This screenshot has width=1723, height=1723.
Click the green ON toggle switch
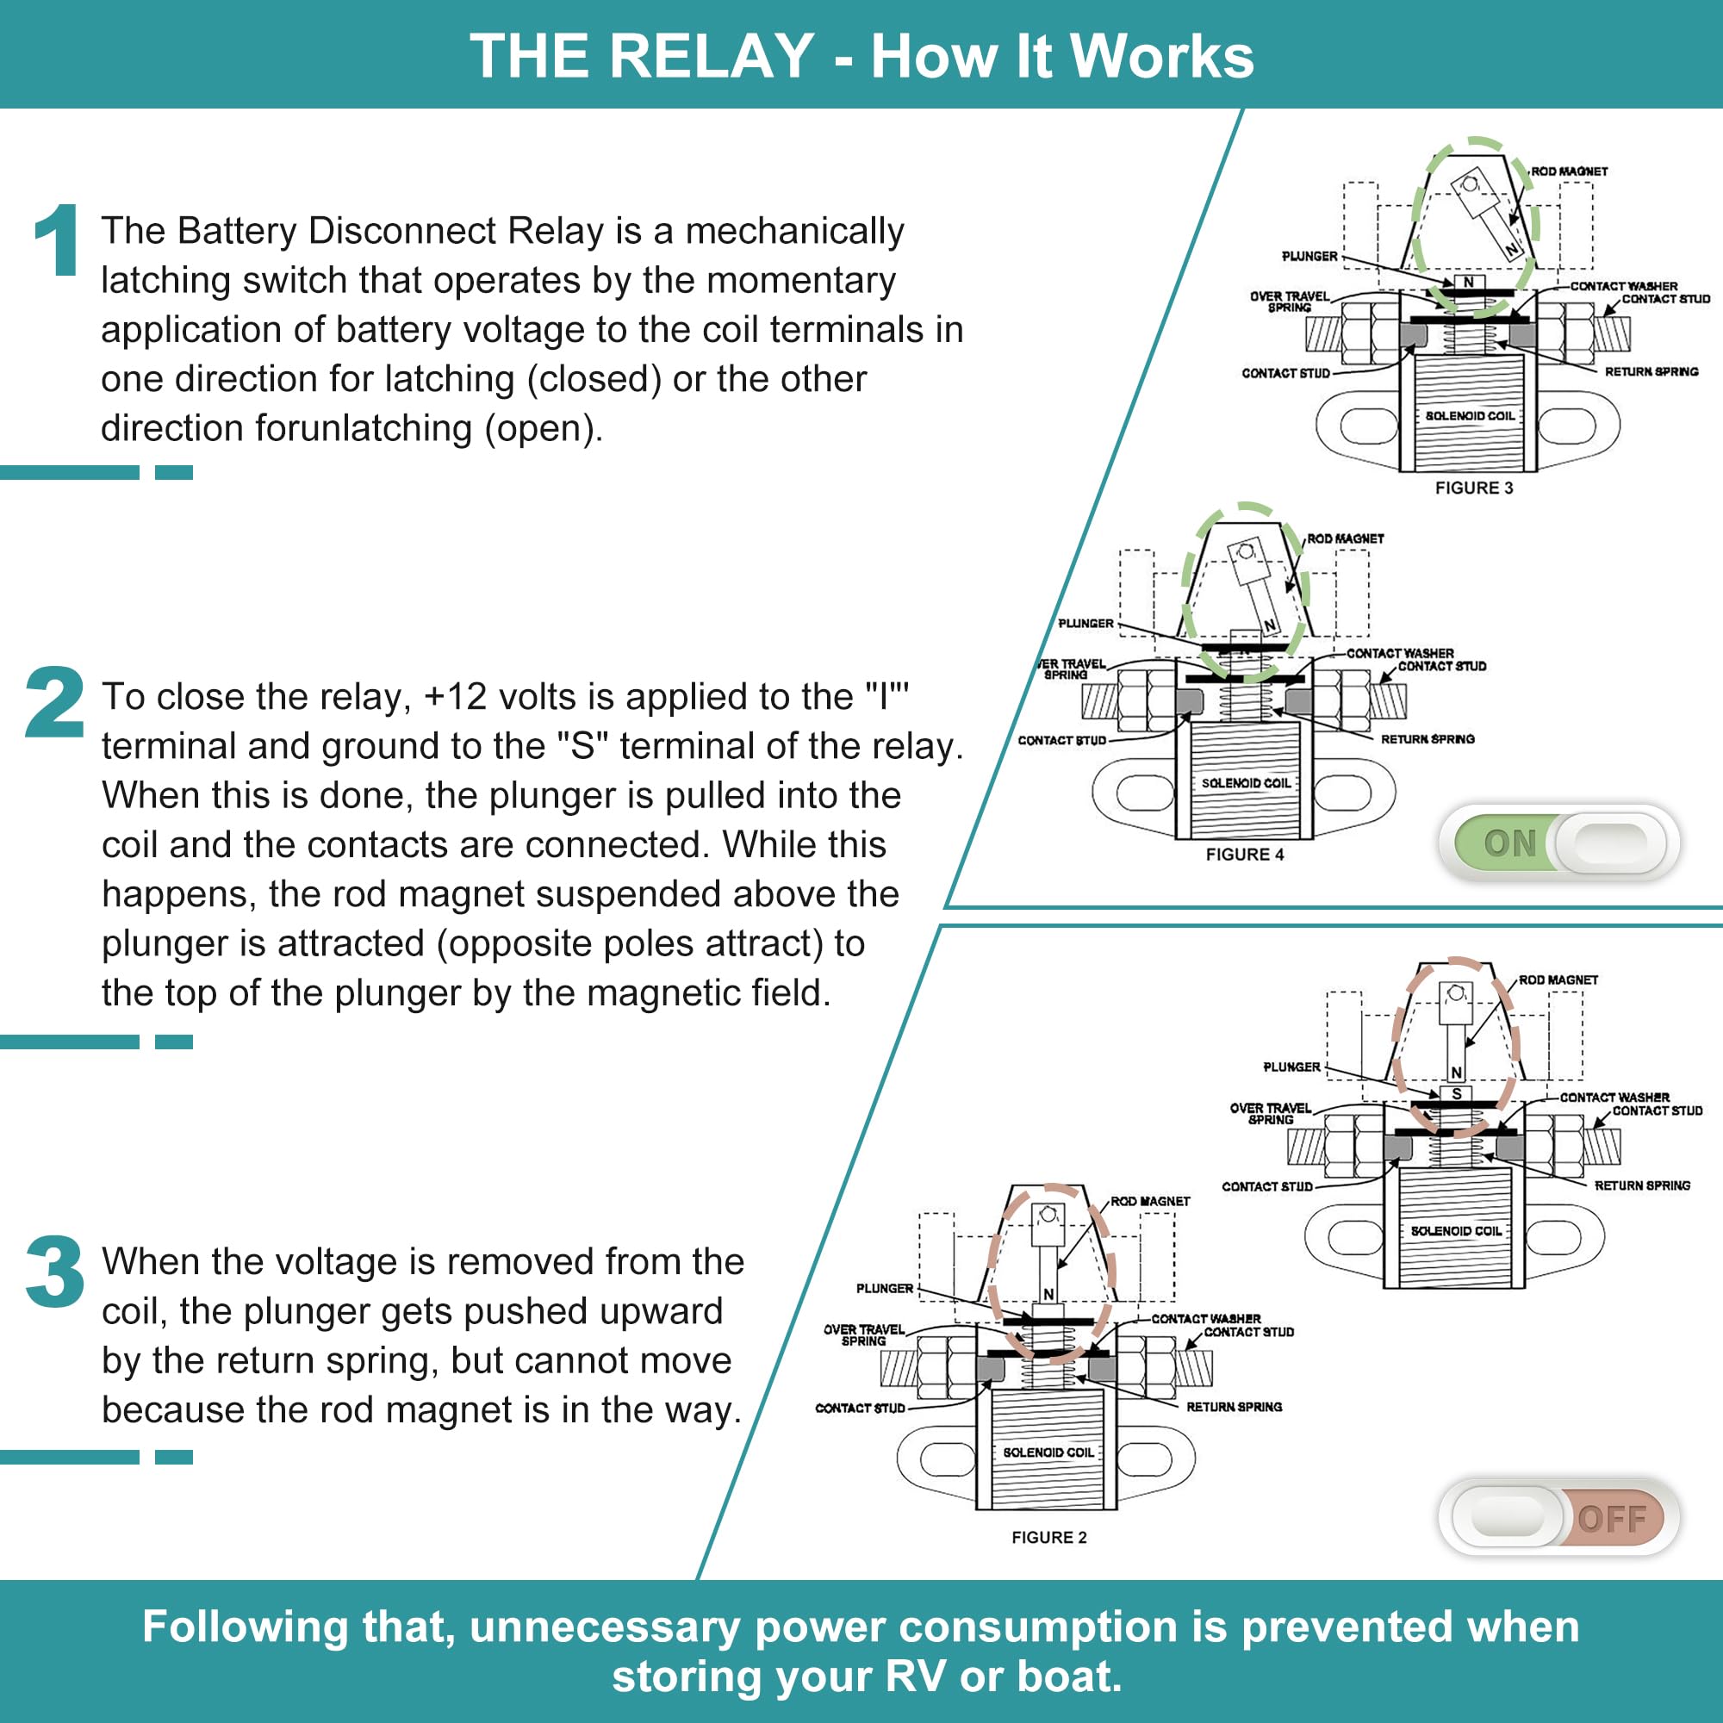[x=1559, y=843]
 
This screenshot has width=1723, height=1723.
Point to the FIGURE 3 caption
[x=1474, y=488]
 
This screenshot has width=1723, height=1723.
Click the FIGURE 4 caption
[x=1245, y=855]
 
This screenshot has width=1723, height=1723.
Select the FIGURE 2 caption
[x=1048, y=1538]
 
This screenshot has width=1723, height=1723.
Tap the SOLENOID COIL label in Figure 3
[x=1470, y=415]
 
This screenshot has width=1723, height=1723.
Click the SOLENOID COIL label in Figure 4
[x=1246, y=783]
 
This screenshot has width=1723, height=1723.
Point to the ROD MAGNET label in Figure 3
[x=1570, y=171]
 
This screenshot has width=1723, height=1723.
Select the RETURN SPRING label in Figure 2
[x=1235, y=1407]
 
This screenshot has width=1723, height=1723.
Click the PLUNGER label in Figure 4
[x=1085, y=624]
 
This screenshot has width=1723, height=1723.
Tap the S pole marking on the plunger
[x=1456, y=1094]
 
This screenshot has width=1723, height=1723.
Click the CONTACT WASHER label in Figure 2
[x=1206, y=1318]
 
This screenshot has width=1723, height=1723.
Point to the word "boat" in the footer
[x=1066, y=1676]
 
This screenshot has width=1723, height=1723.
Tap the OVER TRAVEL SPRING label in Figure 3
[x=1290, y=302]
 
